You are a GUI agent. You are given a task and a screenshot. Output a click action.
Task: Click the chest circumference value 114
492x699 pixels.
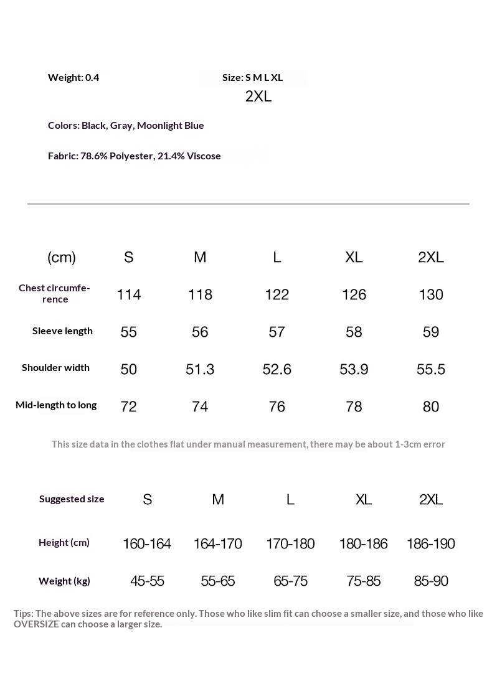coord(129,294)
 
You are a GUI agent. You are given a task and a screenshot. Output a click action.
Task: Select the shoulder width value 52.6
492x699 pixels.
coord(277,369)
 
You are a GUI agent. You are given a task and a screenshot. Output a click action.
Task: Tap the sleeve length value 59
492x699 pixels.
coord(431,332)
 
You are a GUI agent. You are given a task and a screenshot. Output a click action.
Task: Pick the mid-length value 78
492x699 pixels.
coord(354,406)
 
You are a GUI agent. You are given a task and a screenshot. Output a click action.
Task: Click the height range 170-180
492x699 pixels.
coord(290,543)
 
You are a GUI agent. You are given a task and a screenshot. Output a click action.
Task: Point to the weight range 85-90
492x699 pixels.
coord(431,581)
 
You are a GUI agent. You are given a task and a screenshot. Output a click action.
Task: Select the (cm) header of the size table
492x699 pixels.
coord(62,257)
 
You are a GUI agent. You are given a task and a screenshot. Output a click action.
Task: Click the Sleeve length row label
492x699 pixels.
coord(62,331)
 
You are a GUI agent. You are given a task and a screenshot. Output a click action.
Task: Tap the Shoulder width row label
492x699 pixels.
coord(55,367)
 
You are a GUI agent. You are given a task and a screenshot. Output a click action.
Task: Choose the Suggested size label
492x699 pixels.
coord(72,499)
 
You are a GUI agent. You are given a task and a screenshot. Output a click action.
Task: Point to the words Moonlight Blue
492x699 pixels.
coord(171,125)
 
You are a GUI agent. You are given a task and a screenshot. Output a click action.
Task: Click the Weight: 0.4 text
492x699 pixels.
coord(73,77)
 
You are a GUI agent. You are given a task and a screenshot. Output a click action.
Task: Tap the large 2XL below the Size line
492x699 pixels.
coord(258,96)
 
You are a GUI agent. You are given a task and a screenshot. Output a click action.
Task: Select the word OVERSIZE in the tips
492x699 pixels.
coord(36,624)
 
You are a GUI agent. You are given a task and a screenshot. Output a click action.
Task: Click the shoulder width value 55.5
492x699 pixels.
coord(431,369)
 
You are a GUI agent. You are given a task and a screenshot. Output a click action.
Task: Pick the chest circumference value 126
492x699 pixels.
coord(354,294)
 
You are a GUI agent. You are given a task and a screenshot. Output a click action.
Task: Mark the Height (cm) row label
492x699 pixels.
coord(64,542)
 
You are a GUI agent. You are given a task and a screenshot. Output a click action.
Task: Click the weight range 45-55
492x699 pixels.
coord(147,581)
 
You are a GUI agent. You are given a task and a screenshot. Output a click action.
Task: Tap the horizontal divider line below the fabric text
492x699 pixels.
coord(248,204)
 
